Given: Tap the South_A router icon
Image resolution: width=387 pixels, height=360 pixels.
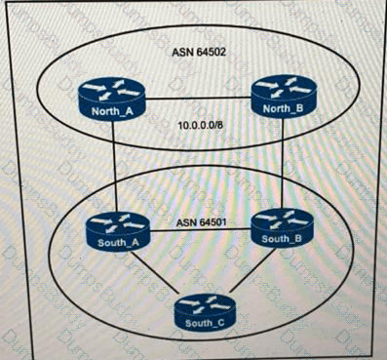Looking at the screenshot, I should (x=115, y=231).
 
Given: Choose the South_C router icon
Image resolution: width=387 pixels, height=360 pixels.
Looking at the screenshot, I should (x=198, y=312).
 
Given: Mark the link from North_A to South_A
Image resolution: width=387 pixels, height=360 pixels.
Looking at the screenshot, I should (x=114, y=166).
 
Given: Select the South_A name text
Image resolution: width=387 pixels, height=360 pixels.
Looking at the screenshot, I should (x=114, y=242).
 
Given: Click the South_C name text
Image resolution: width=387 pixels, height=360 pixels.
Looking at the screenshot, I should (x=198, y=323).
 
